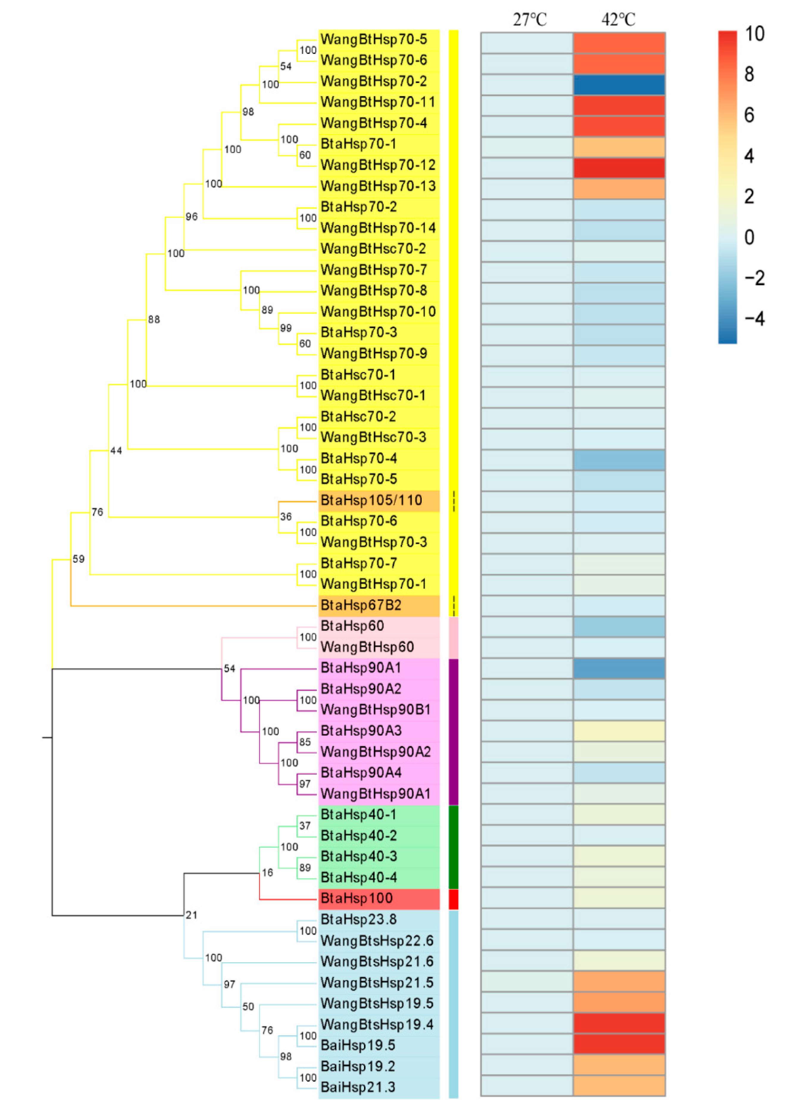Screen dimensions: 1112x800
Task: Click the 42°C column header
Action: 618,20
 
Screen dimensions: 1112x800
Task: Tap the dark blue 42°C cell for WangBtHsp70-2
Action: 619,84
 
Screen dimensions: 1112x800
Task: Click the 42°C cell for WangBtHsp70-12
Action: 619,168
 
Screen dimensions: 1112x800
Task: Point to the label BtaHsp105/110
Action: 371,500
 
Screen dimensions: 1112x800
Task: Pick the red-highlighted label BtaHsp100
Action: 357,898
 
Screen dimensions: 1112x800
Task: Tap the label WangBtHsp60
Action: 367,647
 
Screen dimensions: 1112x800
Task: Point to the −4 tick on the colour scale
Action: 754,319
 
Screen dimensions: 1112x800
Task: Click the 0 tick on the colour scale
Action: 749,237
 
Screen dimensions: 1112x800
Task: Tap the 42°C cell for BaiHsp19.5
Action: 619,1044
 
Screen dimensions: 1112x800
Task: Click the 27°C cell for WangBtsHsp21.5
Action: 527,982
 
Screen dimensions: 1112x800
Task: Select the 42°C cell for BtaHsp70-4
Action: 619,460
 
